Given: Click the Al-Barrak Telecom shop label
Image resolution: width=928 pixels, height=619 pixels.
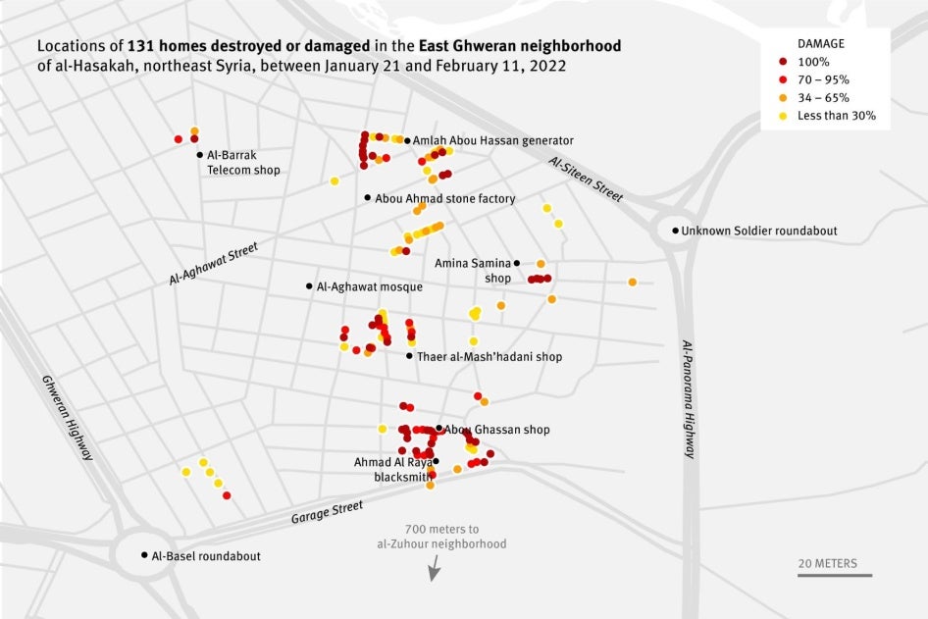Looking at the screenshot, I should tap(242, 162).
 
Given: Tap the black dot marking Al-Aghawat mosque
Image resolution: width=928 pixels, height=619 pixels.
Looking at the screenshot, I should tap(309, 286).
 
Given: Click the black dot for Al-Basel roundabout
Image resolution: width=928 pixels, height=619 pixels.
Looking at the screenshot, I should tap(144, 555).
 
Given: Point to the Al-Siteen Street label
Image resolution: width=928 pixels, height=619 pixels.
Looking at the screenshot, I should tap(586, 180).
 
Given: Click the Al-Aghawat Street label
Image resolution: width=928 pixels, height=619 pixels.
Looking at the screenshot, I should tap(213, 264).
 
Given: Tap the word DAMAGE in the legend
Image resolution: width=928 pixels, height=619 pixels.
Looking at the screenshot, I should tap(820, 44).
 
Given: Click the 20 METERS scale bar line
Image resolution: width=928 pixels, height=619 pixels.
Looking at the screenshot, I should tap(834, 575).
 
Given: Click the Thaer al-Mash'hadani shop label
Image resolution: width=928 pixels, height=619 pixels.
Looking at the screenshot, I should tap(490, 357).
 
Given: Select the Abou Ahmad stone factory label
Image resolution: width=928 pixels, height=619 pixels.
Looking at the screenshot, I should tap(444, 198).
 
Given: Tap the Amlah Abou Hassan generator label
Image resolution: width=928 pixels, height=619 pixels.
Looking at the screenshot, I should tap(492, 140).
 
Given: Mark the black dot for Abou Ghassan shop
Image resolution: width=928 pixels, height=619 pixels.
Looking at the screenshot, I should tap(438, 429).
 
